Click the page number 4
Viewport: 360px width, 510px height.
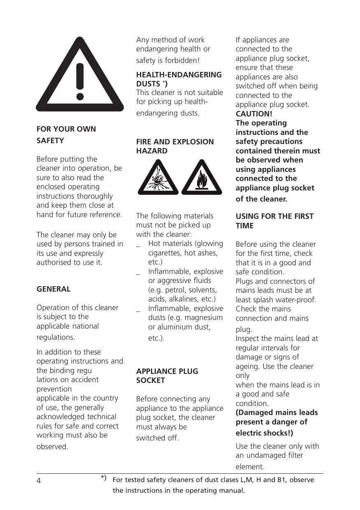[39, 481]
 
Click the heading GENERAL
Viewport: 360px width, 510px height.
[53, 289]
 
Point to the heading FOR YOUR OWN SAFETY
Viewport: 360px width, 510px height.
[66, 134]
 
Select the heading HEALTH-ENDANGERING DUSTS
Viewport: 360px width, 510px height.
[179, 79]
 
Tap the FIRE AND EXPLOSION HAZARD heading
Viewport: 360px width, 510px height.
[175, 146]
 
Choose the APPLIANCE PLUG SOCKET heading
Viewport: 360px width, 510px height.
[167, 376]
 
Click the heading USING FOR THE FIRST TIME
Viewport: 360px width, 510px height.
[274, 221]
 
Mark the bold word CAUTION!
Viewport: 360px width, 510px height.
[254, 114]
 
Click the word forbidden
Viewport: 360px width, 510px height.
[184, 61]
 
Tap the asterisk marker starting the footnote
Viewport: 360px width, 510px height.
[103, 478]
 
